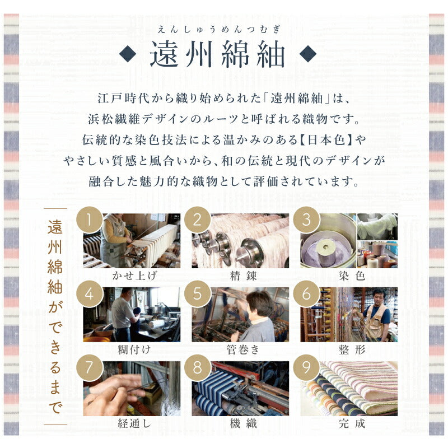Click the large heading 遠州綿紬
pyautogui.click(x=217, y=54)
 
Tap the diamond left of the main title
pyautogui.click(x=128, y=53)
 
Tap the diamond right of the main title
pyautogui.click(x=307, y=53)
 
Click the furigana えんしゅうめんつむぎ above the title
pyautogui.click(x=218, y=30)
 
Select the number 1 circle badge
pyautogui.click(x=90, y=220)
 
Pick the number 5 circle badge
pyautogui.click(x=197, y=294)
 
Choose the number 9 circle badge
pyautogui.click(x=306, y=367)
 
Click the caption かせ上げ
pyautogui.click(x=134, y=276)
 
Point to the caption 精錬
pyautogui.click(x=243, y=276)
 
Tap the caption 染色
pyautogui.click(x=352, y=276)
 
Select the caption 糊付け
pyautogui.click(x=134, y=349)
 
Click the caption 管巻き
pyautogui.click(x=243, y=349)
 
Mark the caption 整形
pyautogui.click(x=352, y=349)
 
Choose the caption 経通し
pyautogui.click(x=134, y=423)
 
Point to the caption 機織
pyautogui.click(x=243, y=423)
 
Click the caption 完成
pyautogui.click(x=352, y=423)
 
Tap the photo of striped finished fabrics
pyautogui.click(x=349, y=389)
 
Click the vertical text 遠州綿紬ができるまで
pyautogui.click(x=55, y=316)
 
